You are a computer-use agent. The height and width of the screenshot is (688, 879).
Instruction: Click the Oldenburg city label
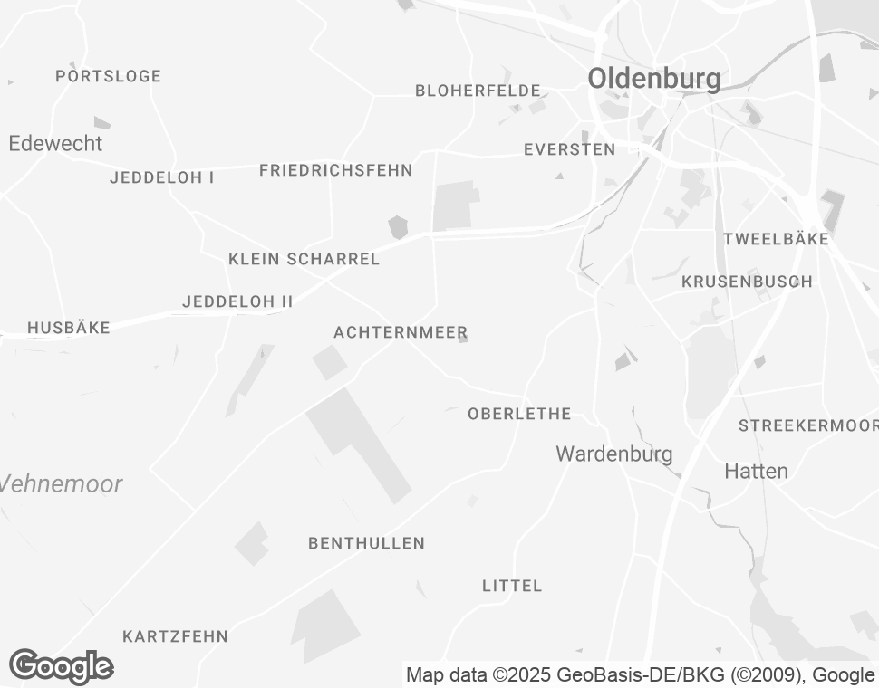tap(654, 79)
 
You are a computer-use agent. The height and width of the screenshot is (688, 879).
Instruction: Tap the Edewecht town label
tap(55, 143)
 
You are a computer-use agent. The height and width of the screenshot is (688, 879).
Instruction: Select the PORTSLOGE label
tap(108, 76)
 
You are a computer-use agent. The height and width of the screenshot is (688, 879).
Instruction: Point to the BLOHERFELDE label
tap(478, 91)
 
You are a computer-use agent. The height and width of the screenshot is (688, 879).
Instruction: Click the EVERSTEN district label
tap(569, 149)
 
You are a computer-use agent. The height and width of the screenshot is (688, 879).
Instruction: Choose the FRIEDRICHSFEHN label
tap(335, 170)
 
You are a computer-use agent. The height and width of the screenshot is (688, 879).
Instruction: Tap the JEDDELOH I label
tap(161, 177)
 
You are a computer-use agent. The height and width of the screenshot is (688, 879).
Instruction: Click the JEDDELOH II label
tap(237, 301)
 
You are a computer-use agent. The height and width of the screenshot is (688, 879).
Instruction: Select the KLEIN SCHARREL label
tap(304, 259)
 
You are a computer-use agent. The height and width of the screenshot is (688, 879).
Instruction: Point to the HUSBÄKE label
tap(69, 328)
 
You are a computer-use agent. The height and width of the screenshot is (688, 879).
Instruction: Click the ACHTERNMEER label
tap(401, 332)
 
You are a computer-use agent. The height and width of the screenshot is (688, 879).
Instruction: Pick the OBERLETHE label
tap(519, 414)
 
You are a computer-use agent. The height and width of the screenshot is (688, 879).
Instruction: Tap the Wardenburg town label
tap(614, 454)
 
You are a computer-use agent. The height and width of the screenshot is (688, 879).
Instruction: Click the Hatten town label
tap(756, 471)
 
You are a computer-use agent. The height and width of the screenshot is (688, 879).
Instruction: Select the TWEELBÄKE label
tap(776, 239)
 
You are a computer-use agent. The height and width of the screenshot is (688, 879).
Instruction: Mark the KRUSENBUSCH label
tap(747, 282)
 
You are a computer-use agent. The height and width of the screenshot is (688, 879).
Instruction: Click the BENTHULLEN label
tap(366, 543)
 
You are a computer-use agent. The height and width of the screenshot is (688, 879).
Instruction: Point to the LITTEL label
tap(512, 586)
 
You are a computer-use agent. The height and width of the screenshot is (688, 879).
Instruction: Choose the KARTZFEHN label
tap(175, 636)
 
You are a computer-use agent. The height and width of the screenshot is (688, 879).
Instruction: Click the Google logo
tap(61, 666)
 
